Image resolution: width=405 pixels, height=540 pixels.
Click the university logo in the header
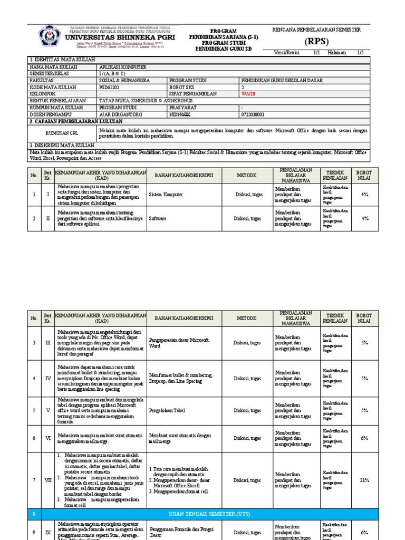click(x=51, y=36)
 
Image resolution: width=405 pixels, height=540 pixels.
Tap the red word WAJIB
click(x=249, y=93)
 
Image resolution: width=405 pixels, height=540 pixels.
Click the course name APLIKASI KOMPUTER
click(x=123, y=67)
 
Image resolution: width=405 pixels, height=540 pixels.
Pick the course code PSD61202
click(x=110, y=87)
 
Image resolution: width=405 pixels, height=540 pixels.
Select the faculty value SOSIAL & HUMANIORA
click(x=125, y=81)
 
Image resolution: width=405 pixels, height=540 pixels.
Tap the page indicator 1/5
click(x=360, y=52)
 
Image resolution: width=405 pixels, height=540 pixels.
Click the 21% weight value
click(x=364, y=480)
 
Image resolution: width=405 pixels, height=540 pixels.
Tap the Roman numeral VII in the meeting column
click(x=47, y=480)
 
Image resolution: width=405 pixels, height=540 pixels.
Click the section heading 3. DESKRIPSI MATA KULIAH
click(x=62, y=145)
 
